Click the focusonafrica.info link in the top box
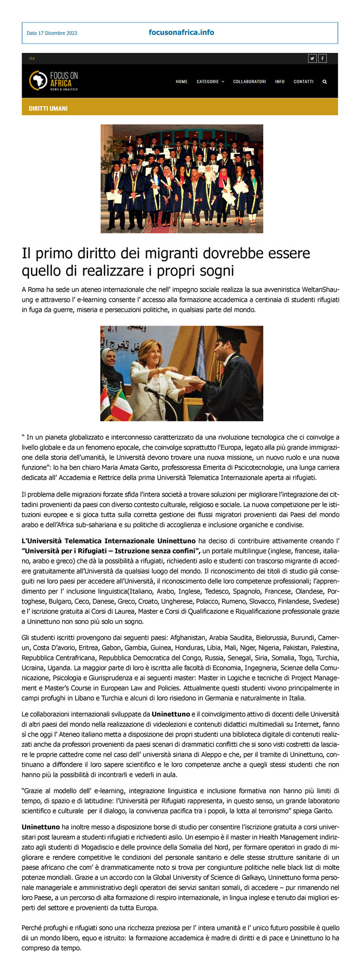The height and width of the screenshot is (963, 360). tap(181, 32)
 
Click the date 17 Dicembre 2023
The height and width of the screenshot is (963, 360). tap(51, 33)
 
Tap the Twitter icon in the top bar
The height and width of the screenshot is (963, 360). tap(312, 59)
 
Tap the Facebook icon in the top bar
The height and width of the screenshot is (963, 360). tap(322, 59)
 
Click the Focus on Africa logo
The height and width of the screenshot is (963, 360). tap(53, 81)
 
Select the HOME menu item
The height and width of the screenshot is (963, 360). tap(182, 82)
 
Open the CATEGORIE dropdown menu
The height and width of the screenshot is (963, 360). tap(210, 82)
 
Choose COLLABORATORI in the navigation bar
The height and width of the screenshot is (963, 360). tap(249, 82)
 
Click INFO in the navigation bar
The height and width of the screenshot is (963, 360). tap(280, 82)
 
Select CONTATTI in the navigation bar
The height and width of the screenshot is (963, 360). tap(303, 82)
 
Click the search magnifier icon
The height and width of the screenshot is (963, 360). tap(325, 82)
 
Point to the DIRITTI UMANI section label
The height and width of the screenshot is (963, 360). tap(48, 109)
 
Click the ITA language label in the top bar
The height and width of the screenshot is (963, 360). tap(32, 59)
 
